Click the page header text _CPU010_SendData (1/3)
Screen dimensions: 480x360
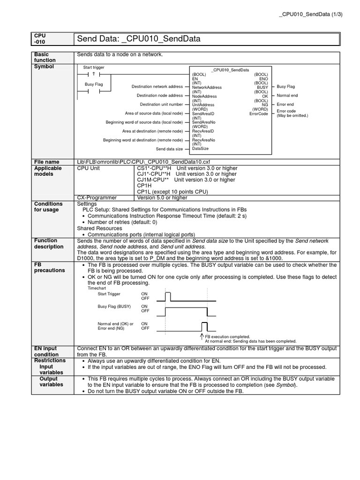point(311,14)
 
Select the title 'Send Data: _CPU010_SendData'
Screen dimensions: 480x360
point(139,39)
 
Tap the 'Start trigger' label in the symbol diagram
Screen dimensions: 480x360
point(94,67)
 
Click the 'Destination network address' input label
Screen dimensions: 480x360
point(157,87)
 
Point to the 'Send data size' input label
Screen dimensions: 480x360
point(169,149)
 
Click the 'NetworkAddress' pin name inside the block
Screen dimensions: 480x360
point(207,88)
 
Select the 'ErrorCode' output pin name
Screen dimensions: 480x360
point(259,113)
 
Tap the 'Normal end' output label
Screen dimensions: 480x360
point(287,96)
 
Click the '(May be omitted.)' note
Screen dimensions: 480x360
point(292,116)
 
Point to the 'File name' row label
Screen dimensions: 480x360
point(47,162)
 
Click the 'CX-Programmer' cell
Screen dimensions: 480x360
point(97,197)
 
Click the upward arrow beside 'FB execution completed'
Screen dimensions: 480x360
point(202,336)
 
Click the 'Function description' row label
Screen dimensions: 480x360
point(49,243)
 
